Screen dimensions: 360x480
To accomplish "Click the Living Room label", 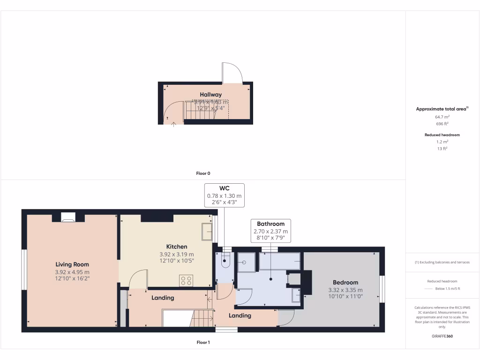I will coord(72,264).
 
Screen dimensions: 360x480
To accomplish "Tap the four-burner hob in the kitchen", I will coord(186,280).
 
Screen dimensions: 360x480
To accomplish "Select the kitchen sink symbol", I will coord(206,232).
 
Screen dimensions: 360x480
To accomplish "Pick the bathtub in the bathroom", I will coord(280,261).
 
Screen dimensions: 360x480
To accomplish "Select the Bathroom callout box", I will coord(271,231).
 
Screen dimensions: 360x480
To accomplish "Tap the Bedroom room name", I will coord(345,282).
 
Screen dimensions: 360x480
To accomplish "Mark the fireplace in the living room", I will coord(68,217).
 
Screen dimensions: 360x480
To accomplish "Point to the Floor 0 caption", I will coord(203,173).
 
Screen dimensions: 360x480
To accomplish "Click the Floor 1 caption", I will coord(203,343).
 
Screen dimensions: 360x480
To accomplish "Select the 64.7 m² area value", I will coord(442,117).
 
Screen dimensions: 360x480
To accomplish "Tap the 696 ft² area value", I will coord(442,124).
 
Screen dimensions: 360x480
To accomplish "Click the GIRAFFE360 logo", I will coord(442,336).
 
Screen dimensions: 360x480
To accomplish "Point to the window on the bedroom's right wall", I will coord(382,289).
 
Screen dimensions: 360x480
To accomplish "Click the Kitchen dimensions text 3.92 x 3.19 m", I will coord(177,254).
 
